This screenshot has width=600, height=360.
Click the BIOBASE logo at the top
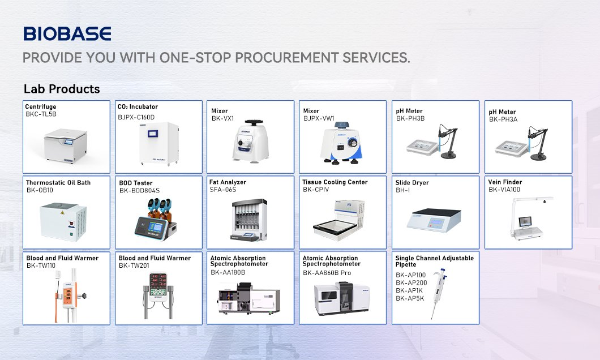click(67, 33)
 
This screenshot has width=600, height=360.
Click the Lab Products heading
click(62, 89)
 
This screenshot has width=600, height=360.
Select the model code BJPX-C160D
click(136, 117)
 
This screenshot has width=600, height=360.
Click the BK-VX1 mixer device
click(250, 142)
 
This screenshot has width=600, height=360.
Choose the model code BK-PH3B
click(410, 118)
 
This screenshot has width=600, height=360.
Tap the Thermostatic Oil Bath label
click(58, 182)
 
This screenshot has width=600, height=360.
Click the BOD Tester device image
click(155, 219)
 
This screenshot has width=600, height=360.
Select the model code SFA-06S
click(222, 190)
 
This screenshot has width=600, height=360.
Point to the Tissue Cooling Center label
click(335, 182)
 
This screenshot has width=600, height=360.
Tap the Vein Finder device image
click(530, 218)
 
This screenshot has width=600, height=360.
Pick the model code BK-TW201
click(134, 265)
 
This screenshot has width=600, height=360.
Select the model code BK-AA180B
click(228, 272)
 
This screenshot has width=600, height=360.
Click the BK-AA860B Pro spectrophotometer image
click(342, 298)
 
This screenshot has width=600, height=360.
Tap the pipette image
click(439, 293)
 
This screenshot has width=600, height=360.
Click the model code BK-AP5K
click(410, 298)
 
